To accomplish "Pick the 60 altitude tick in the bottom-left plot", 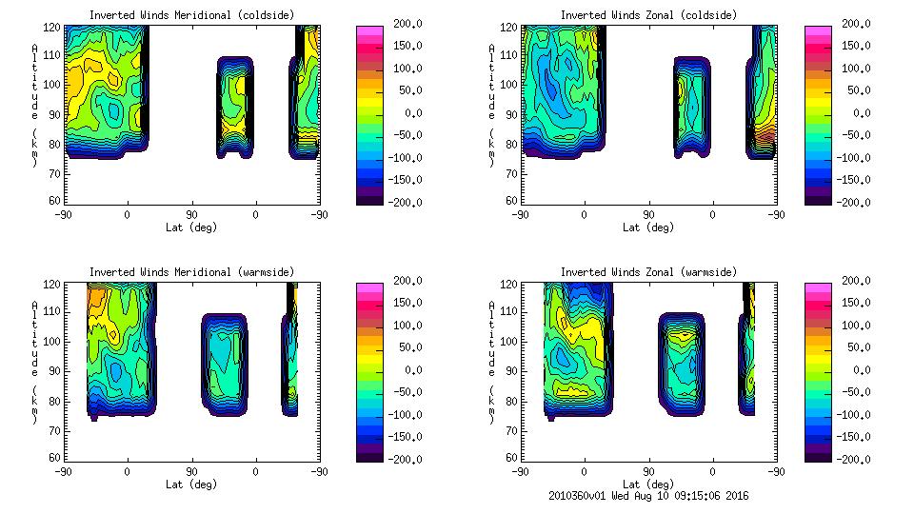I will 54,458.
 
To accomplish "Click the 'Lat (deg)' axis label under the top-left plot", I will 191,227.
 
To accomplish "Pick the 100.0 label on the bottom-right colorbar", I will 843,326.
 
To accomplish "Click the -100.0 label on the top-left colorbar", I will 388,158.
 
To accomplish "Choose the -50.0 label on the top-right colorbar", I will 843,135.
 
